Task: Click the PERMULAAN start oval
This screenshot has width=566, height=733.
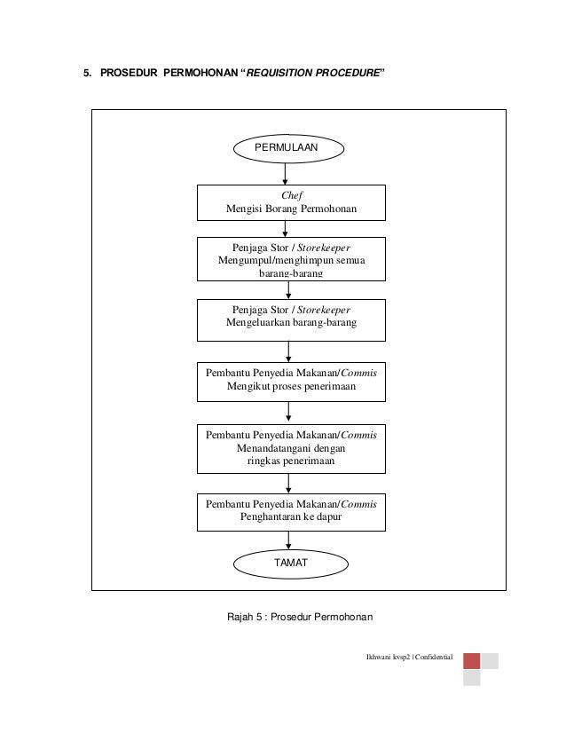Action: (288, 149)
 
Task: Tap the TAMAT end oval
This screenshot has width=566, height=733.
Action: (291, 564)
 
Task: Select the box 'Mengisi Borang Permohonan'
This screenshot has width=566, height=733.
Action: (291, 202)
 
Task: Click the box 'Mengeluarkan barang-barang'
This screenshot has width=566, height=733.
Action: (291, 320)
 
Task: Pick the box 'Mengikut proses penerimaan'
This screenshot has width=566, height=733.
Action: (291, 382)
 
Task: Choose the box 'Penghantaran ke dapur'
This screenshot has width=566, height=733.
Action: (291, 512)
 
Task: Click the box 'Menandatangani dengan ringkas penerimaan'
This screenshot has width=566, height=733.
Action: (291, 449)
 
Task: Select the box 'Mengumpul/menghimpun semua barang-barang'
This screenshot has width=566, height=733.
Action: (291, 259)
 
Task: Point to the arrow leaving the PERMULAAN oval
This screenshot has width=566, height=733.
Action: (285, 174)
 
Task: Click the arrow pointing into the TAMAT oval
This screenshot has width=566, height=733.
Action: (288, 540)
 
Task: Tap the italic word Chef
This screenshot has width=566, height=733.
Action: (292, 195)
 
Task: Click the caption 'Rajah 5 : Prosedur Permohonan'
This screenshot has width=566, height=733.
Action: (300, 617)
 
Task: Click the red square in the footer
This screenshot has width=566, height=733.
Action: (472, 661)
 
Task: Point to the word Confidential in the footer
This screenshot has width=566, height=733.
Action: (434, 657)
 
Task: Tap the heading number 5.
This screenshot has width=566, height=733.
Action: (87, 73)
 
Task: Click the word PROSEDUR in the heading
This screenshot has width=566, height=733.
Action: (129, 73)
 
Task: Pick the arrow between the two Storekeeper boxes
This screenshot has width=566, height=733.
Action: (288, 290)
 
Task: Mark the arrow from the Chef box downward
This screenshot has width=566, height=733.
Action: (285, 229)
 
